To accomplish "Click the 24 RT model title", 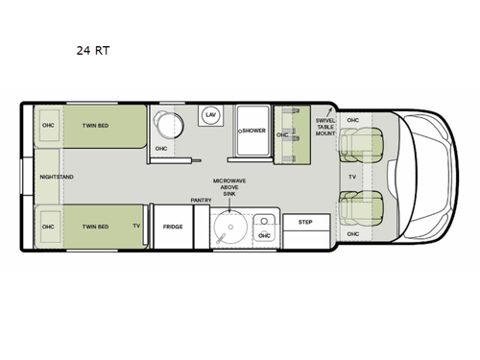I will pos(93,51).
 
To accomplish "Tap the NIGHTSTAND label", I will pos(57,178).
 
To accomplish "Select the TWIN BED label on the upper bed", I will pos(95,126).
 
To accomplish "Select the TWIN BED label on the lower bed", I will pos(95,227).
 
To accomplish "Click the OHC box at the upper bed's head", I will pos(48,126).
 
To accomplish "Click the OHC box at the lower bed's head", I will pos(48,227).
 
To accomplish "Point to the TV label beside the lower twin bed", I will pos(136,227).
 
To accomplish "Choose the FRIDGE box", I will pos(172,227).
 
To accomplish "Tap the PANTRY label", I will pos(201,200).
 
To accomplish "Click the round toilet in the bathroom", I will pos(172,126).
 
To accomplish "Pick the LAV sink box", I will pos(210,115).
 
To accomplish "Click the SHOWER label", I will pos(252,131).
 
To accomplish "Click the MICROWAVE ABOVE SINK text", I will pos(230,185).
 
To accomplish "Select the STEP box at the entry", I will pos(306,222).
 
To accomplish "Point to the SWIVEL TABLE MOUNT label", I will pos(326,125).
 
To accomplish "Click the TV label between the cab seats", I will pos(352,178).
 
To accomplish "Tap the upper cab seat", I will pos(357,145).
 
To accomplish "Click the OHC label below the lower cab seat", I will pos(352,234).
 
